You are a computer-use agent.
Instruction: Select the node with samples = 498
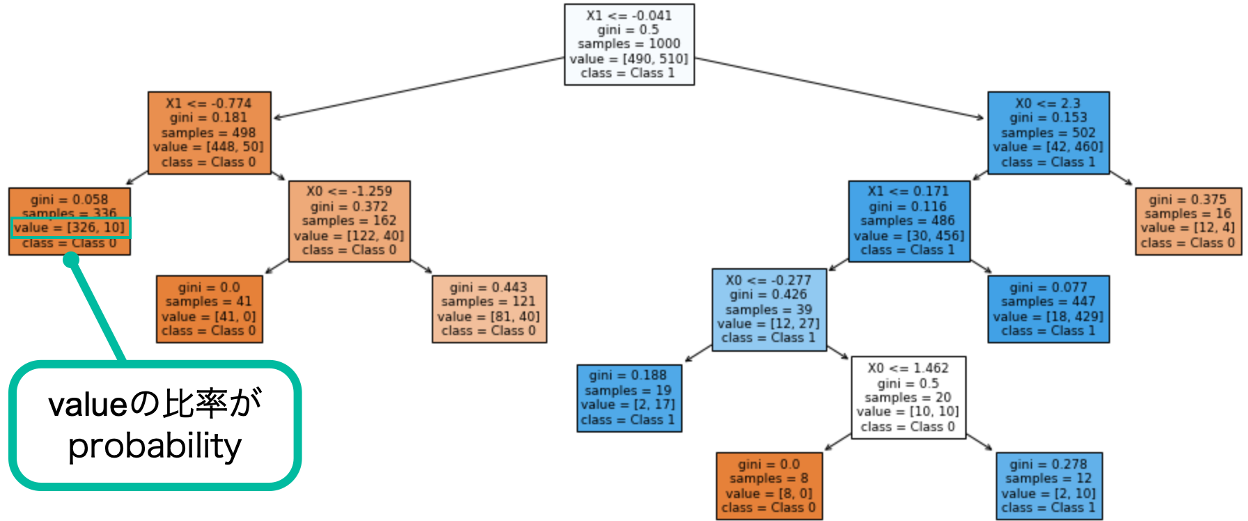click(209, 132)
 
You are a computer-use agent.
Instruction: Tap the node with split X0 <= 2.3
click(1048, 132)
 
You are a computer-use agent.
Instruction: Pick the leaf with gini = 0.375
click(1188, 221)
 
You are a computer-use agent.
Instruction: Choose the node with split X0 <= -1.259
click(349, 221)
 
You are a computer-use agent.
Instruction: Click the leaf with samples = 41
click(209, 309)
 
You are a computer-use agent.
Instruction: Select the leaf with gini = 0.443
click(489, 309)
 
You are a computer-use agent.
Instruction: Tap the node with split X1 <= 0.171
click(908, 221)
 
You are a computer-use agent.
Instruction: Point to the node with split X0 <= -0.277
click(769, 309)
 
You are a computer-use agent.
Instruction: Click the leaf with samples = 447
click(1048, 309)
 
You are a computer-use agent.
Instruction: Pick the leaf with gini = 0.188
click(629, 398)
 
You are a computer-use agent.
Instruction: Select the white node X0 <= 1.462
click(908, 398)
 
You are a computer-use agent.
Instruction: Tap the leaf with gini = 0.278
click(1049, 485)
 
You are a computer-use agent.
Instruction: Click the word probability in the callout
click(155, 446)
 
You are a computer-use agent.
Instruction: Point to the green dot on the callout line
click(71, 260)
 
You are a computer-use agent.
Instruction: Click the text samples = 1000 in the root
click(629, 44)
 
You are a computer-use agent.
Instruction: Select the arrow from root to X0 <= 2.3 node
click(836, 88)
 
